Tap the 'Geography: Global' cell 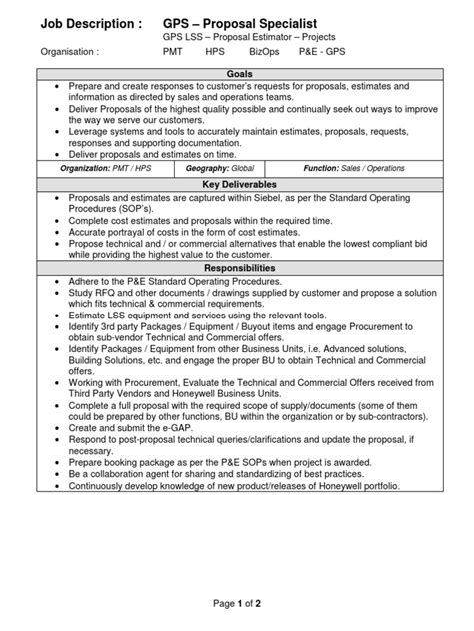[x=221, y=170]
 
